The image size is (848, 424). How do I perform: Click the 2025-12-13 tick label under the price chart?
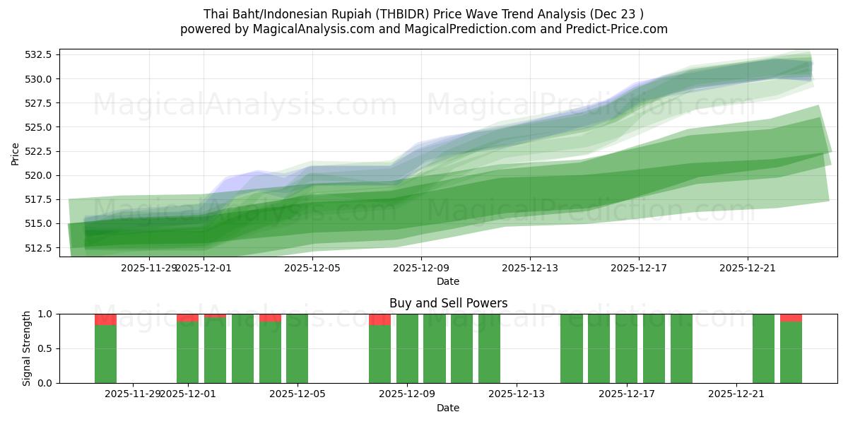pos(530,268)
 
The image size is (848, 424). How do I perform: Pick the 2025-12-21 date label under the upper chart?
pos(748,268)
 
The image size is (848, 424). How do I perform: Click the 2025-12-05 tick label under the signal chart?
pos(297,394)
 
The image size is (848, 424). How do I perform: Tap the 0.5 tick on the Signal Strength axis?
pos(47,348)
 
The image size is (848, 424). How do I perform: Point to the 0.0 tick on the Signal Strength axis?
pos(47,383)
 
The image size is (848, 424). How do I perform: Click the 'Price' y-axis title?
pos(16,153)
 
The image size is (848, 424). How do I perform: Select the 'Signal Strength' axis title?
pos(27,348)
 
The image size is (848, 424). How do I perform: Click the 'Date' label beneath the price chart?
pos(448,281)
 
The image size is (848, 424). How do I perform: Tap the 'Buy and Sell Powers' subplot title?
pos(448,303)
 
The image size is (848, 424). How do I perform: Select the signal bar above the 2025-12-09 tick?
pos(407,348)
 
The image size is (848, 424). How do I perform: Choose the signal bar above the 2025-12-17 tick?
pos(626,348)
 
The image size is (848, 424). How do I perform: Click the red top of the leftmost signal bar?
pos(105,319)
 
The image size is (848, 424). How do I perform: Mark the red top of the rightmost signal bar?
pos(791,317)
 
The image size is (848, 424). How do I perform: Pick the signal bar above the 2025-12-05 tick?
pos(297,348)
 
